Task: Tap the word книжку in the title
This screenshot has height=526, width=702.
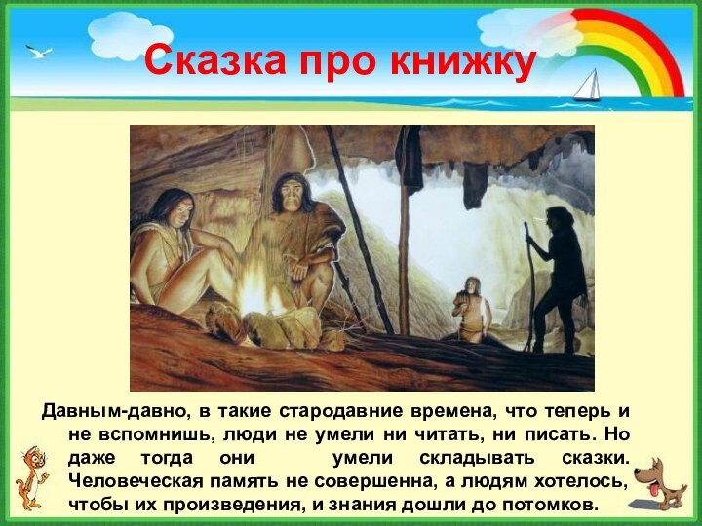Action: (463, 61)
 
